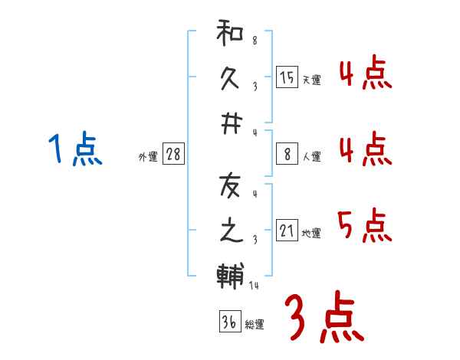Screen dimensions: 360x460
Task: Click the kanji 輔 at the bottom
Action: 229,274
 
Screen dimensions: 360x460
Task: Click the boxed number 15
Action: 287,77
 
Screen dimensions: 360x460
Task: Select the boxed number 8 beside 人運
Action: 287,154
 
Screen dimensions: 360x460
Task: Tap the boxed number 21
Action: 287,231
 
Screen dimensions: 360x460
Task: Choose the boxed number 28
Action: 174,154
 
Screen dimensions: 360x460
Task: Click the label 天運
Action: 311,80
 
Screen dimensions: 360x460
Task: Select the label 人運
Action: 311,157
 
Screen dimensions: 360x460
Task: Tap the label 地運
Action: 311,234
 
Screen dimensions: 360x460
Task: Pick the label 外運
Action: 148,157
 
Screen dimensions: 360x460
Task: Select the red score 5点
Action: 364,224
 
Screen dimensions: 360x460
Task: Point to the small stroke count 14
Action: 254,286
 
